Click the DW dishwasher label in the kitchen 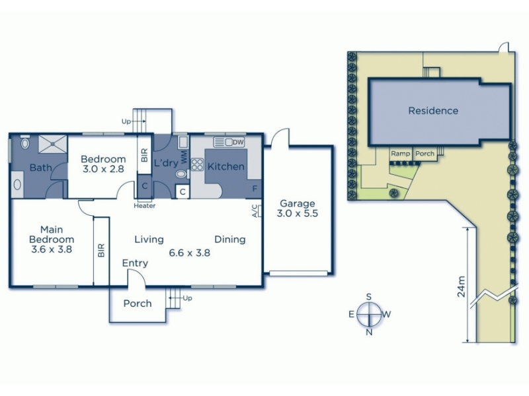238,143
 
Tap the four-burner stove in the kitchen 197,164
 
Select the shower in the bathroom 53,144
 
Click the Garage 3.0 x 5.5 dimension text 298,213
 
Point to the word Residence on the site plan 433,111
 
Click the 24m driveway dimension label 461,286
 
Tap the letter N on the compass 370,333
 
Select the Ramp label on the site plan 401,154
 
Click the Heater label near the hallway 145,206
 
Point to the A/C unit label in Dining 255,211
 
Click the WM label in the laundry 184,158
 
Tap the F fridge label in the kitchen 255,189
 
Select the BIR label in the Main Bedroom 102,251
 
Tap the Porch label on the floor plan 138,304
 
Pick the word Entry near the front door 135,263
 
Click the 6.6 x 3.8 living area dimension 190,253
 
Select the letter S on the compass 369,296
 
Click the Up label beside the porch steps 188,298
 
